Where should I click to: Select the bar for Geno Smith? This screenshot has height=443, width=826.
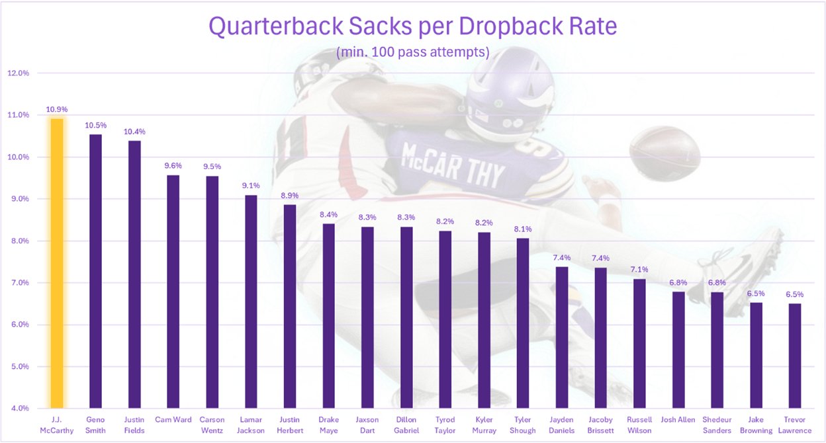tap(96, 271)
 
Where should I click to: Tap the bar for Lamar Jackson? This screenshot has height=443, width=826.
tap(252, 302)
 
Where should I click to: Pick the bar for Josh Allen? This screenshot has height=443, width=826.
tap(678, 350)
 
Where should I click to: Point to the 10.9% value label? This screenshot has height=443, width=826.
tap(57, 109)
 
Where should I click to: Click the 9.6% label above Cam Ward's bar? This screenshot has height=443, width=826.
tap(173, 165)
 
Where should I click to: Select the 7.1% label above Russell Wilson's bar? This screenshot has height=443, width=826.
tap(639, 270)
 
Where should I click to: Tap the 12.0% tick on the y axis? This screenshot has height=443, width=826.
tap(19, 73)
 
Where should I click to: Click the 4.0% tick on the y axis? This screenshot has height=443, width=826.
tap(19, 409)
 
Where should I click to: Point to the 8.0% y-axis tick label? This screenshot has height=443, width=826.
tap(19, 241)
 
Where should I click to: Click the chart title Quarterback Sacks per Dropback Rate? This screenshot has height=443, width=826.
tap(412, 27)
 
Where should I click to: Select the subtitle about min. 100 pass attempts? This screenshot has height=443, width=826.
tap(412, 52)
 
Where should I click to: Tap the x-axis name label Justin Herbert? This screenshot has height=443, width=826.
tap(290, 425)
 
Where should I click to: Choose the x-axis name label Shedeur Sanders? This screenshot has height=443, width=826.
tap(717, 425)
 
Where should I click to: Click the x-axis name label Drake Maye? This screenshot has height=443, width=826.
tap(329, 425)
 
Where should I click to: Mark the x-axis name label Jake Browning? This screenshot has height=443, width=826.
tap(756, 425)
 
